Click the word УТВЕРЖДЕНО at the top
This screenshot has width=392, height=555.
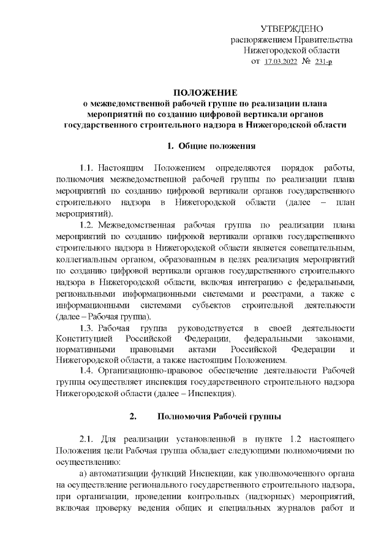coord(292,29)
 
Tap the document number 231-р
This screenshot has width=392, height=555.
coord(323,62)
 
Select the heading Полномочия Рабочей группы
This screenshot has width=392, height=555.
coord(219,417)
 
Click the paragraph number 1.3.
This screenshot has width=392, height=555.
coord(88,327)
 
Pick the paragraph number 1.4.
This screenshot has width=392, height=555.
coord(88,370)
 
